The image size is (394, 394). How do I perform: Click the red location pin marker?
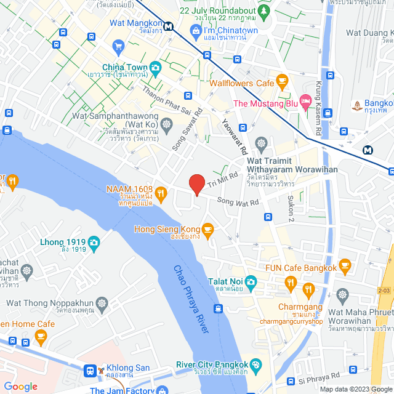coord(196,184)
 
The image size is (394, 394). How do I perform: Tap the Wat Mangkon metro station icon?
coord(169,25)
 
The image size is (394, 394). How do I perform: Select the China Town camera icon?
coord(156,66)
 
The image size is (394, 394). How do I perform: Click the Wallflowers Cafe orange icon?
coord(282,81)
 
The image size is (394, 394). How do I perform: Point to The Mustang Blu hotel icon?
coord(304,100)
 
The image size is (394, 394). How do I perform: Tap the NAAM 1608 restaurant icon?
coord(161,193)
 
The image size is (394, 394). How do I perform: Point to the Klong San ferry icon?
coord(90,371)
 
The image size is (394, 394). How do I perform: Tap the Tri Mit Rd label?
coord(222,179)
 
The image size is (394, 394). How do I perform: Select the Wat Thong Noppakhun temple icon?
coord(102,303)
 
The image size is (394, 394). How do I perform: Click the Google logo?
coord(21,386)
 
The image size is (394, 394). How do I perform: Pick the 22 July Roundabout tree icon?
coord(264,10)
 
